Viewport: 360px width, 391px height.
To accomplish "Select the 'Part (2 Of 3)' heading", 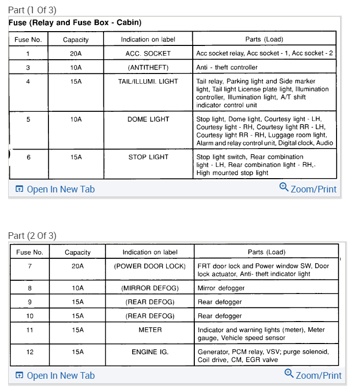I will pos(32,235).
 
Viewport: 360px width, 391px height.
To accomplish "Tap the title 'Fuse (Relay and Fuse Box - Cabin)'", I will pos(75,22).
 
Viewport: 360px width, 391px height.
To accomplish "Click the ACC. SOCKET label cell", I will pos(148,53).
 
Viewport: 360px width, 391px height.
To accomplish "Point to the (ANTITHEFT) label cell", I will pos(148,67).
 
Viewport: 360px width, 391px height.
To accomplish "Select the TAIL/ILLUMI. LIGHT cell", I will pos(148,81).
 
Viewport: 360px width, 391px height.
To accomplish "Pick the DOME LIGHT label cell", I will pos(148,119).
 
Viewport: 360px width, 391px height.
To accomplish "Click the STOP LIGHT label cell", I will pos(148,157).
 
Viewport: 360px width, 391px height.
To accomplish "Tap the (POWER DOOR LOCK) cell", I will pos(150,266).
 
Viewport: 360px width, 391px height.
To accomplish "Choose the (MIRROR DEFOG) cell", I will pos(150,288).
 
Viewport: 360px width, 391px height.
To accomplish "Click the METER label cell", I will pos(150,330).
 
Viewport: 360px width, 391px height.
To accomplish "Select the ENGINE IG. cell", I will pos(150,352).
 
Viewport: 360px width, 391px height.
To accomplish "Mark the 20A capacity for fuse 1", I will pos(76,53).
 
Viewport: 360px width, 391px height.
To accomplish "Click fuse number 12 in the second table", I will pos(30,352).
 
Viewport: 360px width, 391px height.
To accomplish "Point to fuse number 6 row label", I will pos(29,157).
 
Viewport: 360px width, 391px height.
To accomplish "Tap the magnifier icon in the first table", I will pos(284,187).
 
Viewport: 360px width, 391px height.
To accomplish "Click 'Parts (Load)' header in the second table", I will pos(266,252).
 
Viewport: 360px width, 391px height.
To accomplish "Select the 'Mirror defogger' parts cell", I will pos(221,288).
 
